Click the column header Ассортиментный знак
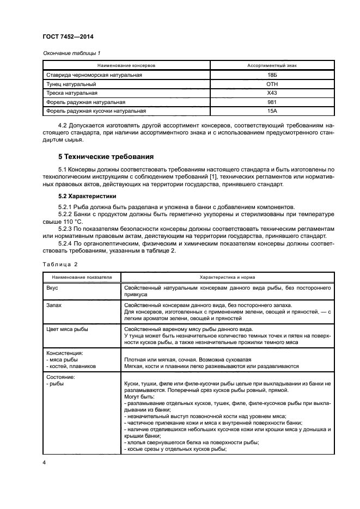[272, 65]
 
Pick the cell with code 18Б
[272, 75]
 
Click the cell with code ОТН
[272, 84]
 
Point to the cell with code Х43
[272, 93]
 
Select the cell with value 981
[272, 102]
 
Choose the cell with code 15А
[272, 112]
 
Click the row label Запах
[54, 305]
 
